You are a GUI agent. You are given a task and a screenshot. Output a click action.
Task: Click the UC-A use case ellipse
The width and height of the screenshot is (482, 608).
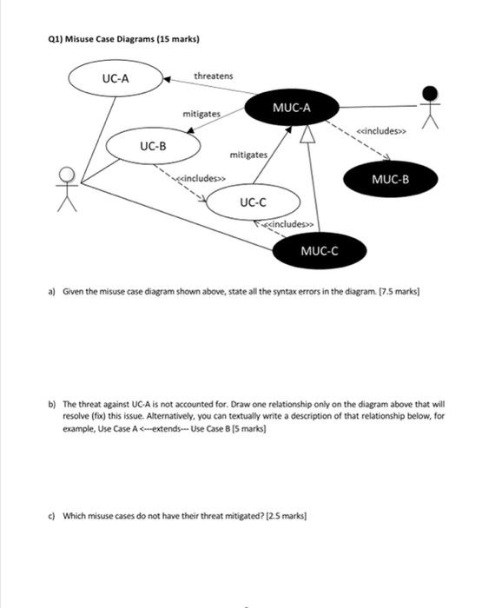116,79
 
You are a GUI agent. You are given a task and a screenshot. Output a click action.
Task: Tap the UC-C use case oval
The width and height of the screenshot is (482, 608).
252,203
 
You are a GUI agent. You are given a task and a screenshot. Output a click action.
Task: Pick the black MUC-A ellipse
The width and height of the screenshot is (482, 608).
291,109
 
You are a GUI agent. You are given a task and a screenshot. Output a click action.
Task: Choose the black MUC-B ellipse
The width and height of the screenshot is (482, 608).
389,180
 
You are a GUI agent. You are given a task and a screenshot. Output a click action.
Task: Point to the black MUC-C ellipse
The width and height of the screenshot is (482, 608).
319,252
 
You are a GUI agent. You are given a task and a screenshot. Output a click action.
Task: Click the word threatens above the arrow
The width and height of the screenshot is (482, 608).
213,76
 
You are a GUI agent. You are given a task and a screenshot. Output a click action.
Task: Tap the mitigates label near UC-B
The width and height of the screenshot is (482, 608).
201,115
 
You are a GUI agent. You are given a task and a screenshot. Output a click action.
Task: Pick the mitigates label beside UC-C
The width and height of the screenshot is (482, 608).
248,155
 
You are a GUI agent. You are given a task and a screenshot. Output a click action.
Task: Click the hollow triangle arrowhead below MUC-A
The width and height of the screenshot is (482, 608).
306,134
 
